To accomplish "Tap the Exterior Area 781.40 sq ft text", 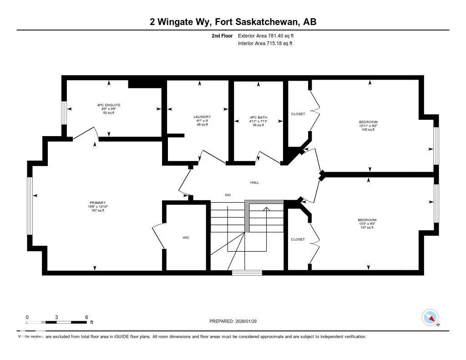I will pos(269,35).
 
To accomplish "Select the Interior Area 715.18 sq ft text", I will pos(265,44).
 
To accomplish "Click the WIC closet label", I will pos(186,238).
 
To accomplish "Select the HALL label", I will pos(254,183).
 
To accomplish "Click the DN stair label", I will pos(228,195).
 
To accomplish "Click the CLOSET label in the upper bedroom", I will pos(298,114).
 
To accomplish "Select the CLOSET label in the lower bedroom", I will pos(298,239).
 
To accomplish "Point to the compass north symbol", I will pos(430,317).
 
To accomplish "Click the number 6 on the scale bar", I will pos(86,317).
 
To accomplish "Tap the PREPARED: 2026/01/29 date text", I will pos(236,321).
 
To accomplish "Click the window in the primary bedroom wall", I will pos(30,206).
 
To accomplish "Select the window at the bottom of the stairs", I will pos(247,273).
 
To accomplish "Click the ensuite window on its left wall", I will pos(64,112).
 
